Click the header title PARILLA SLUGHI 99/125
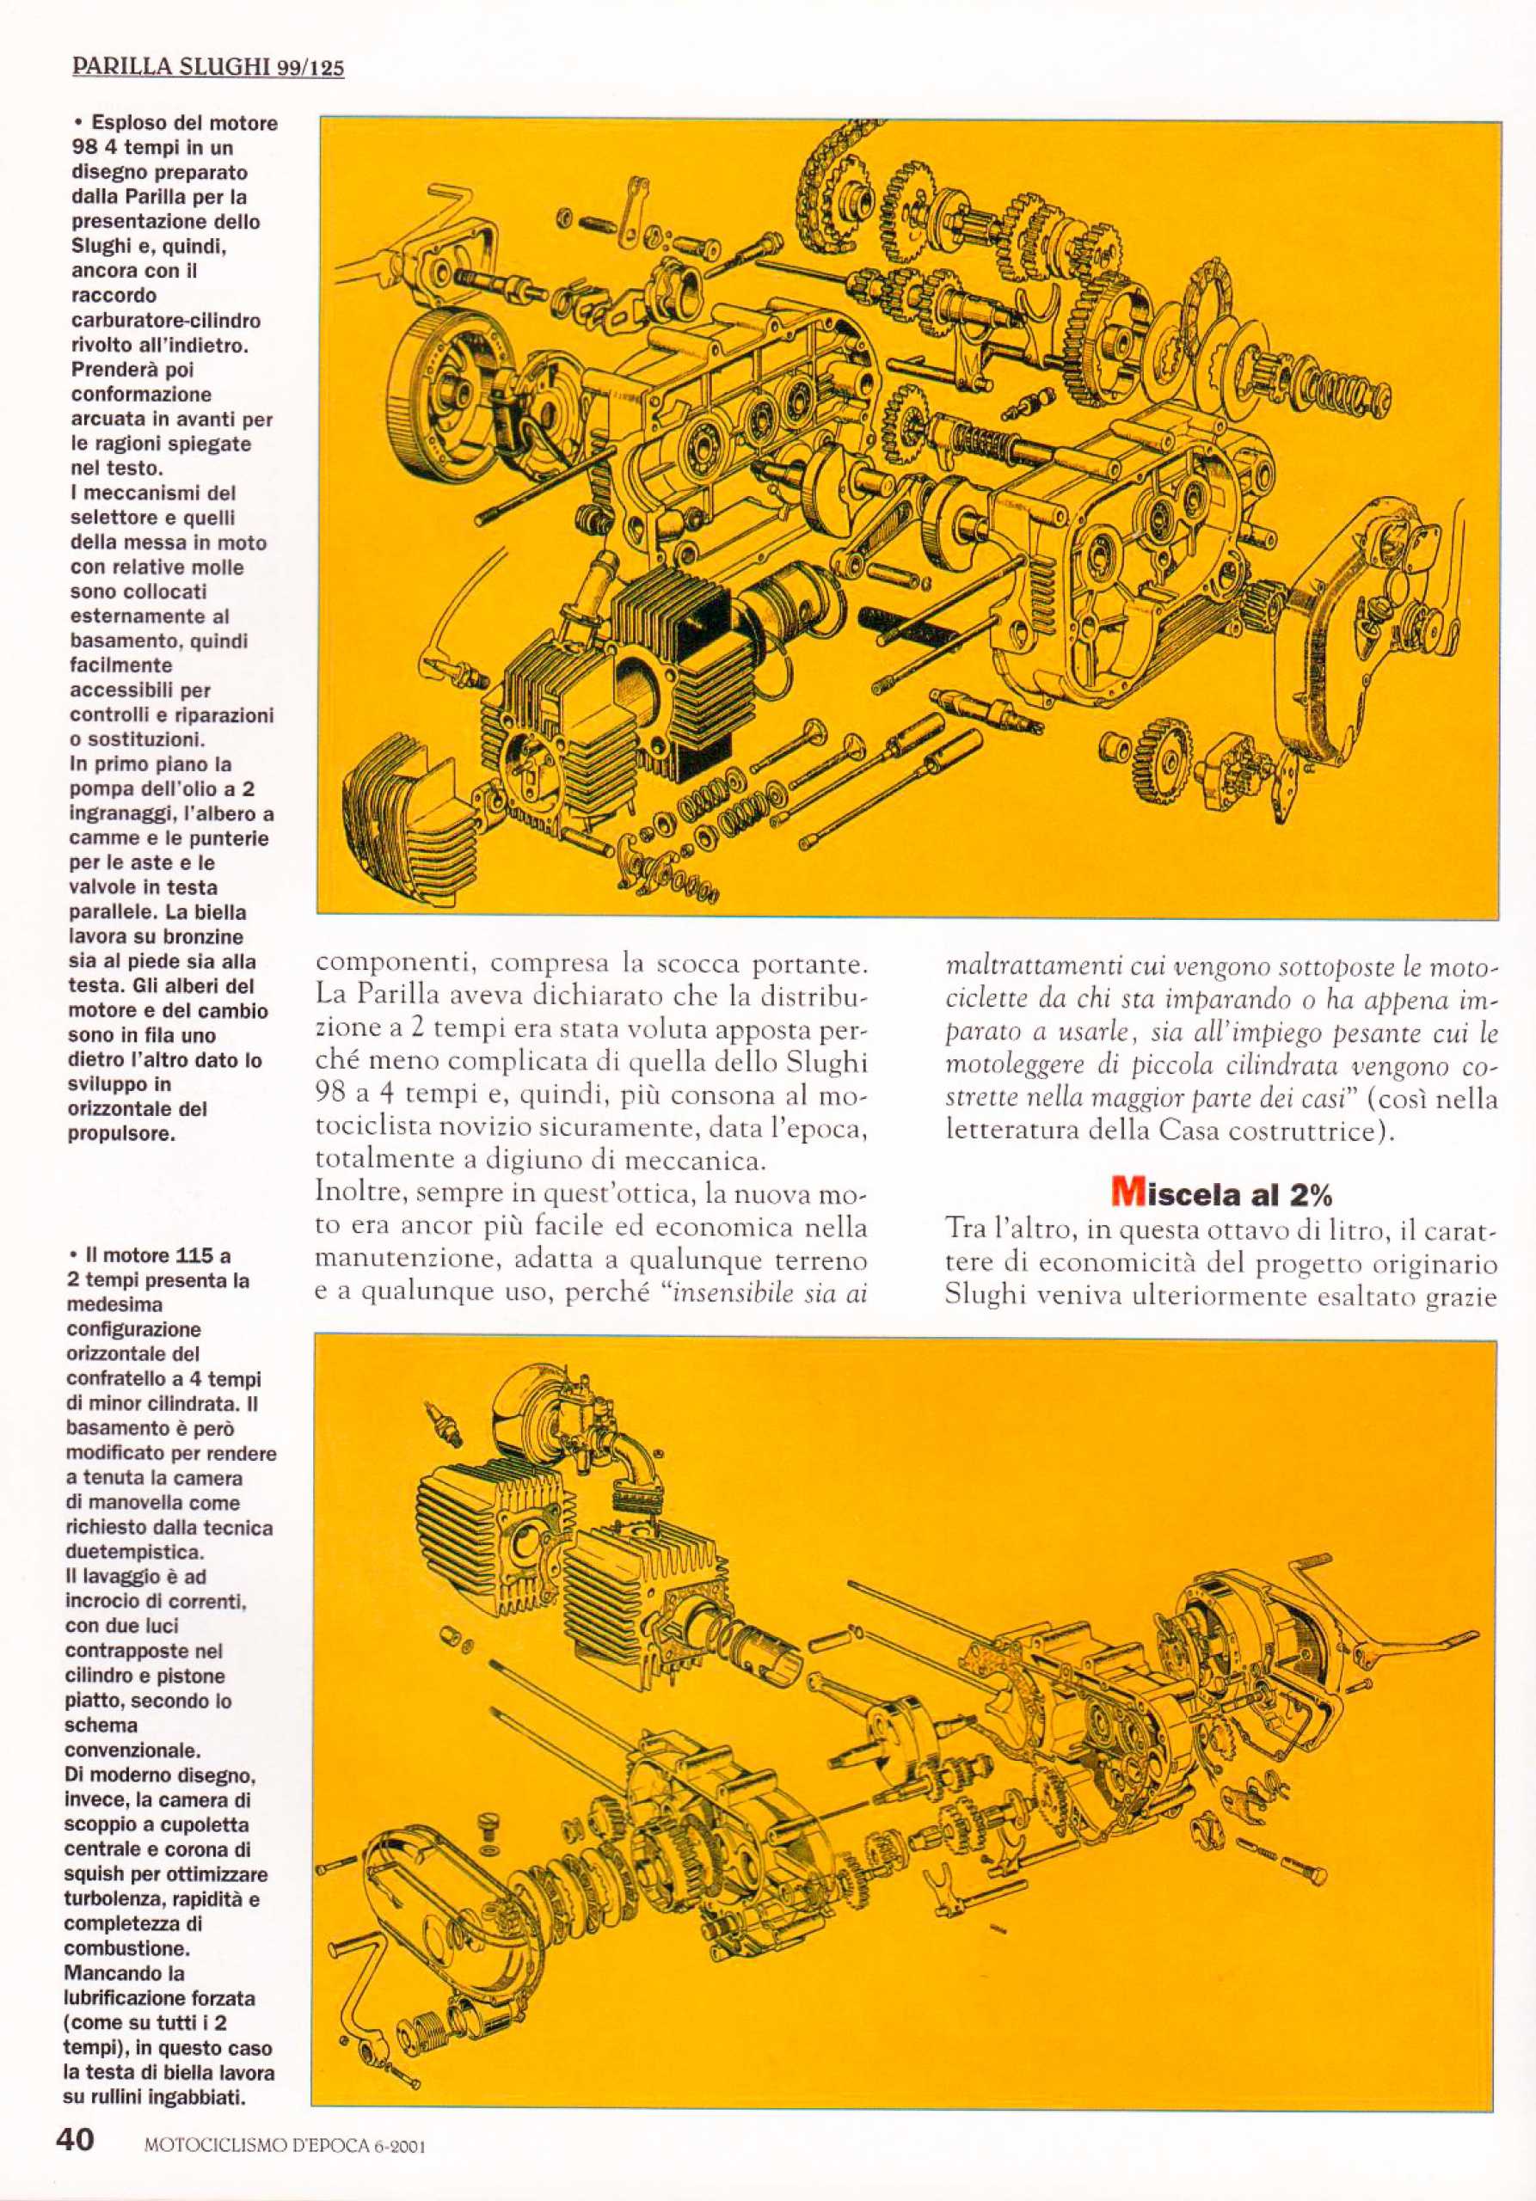tap(209, 69)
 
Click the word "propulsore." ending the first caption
tap(124, 1134)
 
